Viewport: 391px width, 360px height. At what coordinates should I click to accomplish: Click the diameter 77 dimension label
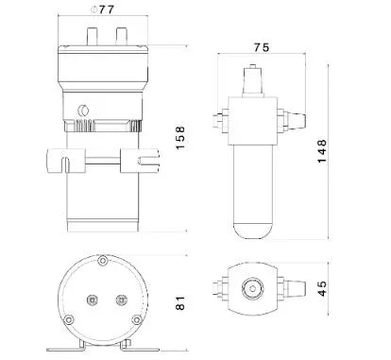click(x=102, y=9)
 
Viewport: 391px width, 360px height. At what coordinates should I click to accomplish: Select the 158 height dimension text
click(x=180, y=138)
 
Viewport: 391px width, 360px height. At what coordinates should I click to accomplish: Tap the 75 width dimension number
click(x=262, y=47)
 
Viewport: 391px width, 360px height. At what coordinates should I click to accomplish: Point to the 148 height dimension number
click(x=322, y=151)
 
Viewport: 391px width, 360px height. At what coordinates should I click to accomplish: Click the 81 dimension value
click(x=180, y=302)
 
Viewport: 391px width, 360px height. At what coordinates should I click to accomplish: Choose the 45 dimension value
click(x=322, y=288)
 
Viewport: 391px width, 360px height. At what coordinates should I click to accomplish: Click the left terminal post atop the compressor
click(x=92, y=36)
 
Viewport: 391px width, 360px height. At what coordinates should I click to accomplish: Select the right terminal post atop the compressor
click(x=121, y=36)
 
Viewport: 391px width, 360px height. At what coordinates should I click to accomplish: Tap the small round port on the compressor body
click(x=83, y=111)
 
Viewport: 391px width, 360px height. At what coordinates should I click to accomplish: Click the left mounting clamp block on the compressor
click(x=66, y=161)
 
